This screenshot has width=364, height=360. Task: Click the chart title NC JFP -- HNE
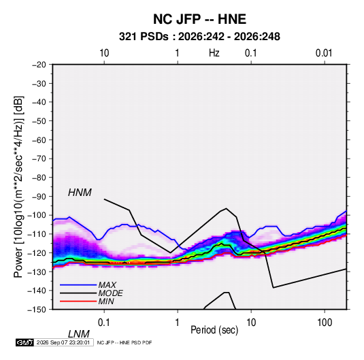tap(199, 19)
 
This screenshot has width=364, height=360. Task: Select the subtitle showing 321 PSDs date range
tap(199, 37)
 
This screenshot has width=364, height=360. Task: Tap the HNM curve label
tap(80, 193)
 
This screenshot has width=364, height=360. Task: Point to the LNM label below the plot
tap(79, 334)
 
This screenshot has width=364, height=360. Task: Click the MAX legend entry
tap(107, 285)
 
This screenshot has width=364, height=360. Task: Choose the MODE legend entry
tap(110, 293)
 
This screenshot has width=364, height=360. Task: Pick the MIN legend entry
tap(106, 301)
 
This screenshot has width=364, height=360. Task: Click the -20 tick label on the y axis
tap(39, 65)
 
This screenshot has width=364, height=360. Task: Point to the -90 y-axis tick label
tap(39, 197)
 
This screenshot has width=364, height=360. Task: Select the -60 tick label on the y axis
tap(39, 140)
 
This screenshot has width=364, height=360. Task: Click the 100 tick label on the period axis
tap(325, 323)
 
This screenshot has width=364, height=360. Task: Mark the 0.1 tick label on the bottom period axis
tap(104, 323)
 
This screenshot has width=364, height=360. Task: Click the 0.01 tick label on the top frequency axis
tap(324, 53)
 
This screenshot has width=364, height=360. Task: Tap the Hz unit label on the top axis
tap(214, 53)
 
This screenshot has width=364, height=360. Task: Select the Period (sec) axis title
tap(214, 330)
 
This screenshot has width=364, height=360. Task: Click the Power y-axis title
tap(18, 186)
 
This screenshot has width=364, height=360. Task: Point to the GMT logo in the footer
tap(24, 342)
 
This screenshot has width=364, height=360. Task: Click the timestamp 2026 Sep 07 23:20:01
tap(63, 342)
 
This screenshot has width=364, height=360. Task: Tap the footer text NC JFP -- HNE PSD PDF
tap(125, 343)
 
